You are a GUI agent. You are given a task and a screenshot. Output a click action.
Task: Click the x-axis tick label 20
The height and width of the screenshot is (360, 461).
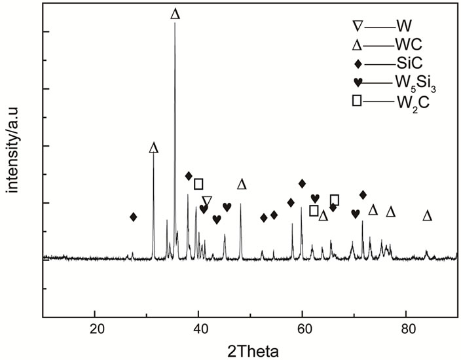tap(96, 328)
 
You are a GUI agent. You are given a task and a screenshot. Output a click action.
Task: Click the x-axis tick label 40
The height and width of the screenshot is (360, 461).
tap(199, 328)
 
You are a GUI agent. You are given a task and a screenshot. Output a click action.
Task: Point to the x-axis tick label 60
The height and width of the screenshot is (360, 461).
tap(303, 328)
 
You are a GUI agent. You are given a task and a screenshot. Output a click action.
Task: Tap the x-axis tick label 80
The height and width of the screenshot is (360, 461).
tap(406, 328)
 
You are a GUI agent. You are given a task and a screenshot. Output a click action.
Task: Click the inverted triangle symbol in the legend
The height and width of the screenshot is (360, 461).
tap(358, 26)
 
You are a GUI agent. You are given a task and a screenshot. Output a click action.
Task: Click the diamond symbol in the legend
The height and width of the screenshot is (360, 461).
tap(358, 63)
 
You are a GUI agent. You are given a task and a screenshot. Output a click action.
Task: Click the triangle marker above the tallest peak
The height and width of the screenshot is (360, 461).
tap(175, 14)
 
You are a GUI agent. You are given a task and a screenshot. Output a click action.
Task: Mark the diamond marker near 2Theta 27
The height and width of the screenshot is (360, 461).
tap(134, 217)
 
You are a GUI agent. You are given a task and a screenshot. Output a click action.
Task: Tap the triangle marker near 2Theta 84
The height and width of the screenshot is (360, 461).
tap(428, 215)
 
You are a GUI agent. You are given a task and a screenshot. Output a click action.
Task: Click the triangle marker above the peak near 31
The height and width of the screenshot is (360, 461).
tap(154, 148)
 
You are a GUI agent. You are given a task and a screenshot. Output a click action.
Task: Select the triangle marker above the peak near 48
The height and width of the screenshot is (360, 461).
tap(242, 184)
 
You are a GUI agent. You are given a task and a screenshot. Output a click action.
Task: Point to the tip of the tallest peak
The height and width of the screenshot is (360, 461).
tap(175, 24)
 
